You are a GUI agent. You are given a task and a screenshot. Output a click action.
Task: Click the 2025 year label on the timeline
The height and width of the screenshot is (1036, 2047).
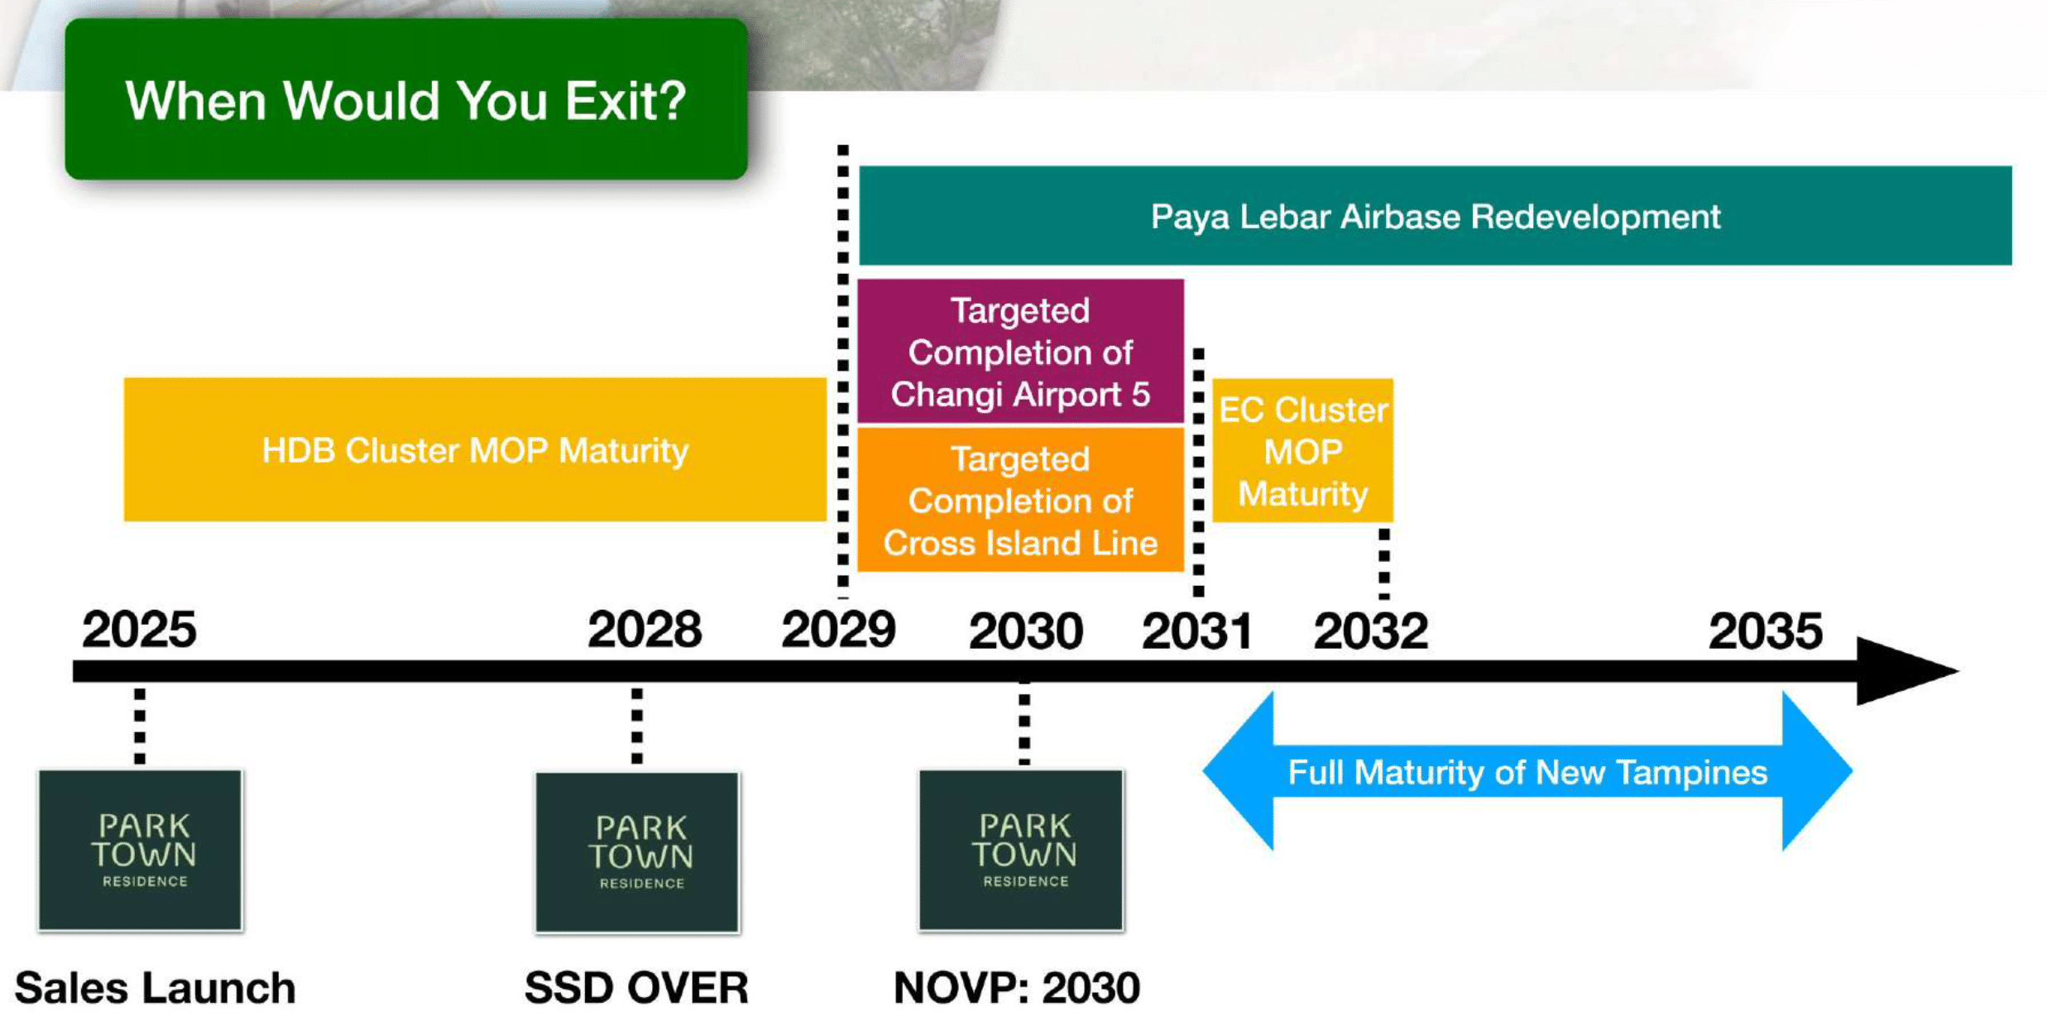(x=139, y=630)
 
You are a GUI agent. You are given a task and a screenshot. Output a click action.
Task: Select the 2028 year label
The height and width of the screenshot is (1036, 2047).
(x=645, y=630)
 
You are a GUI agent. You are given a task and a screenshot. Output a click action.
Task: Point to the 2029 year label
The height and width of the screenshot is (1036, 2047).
(x=838, y=630)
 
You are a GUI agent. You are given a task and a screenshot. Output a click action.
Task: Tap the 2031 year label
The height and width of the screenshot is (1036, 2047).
(x=1196, y=631)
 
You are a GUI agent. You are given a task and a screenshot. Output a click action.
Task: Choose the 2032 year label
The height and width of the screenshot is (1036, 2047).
(x=1370, y=631)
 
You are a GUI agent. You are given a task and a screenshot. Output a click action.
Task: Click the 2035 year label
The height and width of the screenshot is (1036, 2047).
(x=1765, y=631)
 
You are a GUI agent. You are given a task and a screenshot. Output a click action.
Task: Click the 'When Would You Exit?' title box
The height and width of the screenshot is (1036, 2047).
(x=405, y=99)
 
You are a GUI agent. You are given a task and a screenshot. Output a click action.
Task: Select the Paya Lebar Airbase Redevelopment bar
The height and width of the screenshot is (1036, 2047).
(x=1435, y=216)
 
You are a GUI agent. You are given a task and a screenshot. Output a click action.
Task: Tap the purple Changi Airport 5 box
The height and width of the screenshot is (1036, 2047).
(x=1020, y=352)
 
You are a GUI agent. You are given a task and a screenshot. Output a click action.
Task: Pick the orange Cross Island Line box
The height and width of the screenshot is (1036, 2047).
(x=1020, y=500)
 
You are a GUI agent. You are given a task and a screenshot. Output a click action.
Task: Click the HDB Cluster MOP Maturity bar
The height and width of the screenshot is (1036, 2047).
(x=475, y=450)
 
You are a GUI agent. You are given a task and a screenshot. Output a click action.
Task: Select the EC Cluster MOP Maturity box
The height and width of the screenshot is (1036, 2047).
(x=1302, y=451)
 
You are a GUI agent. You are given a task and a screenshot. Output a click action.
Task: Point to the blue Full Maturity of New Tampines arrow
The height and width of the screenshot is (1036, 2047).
(x=1527, y=771)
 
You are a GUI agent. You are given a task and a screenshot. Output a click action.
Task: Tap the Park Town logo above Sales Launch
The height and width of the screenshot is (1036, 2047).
(x=141, y=850)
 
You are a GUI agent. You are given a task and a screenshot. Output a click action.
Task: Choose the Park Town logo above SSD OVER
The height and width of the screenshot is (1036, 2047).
(x=637, y=851)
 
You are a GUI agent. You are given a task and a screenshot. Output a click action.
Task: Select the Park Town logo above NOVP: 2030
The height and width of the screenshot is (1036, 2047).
(x=1021, y=850)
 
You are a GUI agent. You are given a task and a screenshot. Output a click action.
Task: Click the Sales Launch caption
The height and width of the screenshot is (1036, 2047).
(x=155, y=987)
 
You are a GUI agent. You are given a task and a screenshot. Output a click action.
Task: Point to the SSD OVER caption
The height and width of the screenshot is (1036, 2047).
(x=636, y=987)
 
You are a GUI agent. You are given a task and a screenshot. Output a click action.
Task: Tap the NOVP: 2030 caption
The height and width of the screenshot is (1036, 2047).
(x=1017, y=987)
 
